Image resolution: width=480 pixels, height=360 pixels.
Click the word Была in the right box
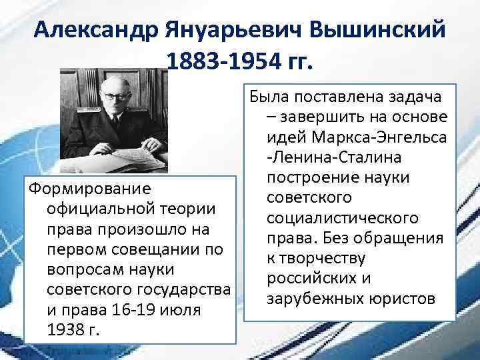(x=268, y=97)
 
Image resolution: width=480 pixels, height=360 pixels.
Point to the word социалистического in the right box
(x=342, y=219)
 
